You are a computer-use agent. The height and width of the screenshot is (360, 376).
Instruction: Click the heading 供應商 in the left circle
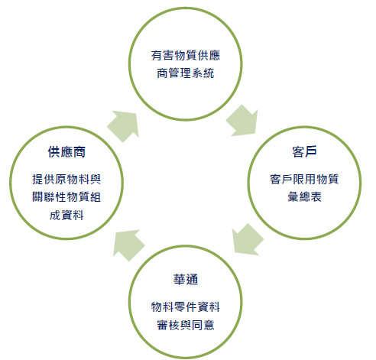(66, 152)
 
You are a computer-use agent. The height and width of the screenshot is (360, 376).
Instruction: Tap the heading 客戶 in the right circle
(304, 152)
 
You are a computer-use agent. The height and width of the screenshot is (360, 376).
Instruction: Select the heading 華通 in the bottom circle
(186, 280)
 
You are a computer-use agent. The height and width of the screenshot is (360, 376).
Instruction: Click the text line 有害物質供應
(186, 55)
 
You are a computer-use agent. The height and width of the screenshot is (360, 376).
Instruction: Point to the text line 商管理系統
(186, 73)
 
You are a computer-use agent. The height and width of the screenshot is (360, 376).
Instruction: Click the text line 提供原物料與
(66, 179)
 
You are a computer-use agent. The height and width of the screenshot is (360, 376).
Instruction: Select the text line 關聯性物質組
(66, 197)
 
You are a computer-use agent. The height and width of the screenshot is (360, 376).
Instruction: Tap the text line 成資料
(66, 216)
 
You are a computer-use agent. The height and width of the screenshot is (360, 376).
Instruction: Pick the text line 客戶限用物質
(304, 179)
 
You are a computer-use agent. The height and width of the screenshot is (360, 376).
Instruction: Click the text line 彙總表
(304, 197)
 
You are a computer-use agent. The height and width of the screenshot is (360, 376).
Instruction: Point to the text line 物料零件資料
(186, 306)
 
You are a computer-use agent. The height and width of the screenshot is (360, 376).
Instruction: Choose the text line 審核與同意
(186, 325)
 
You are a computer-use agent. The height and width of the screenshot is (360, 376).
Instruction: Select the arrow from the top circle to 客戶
(243, 122)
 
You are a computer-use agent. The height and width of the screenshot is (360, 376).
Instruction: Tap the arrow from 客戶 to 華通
(247, 240)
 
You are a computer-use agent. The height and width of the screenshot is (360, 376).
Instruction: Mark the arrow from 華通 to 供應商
(128, 245)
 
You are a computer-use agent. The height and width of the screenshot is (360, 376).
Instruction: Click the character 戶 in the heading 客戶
(311, 152)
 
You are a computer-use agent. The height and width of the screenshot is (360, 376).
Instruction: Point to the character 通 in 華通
(192, 280)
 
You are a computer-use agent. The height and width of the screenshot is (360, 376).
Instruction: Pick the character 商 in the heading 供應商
(79, 152)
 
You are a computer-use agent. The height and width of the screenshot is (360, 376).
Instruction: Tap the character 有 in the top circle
(157, 55)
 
